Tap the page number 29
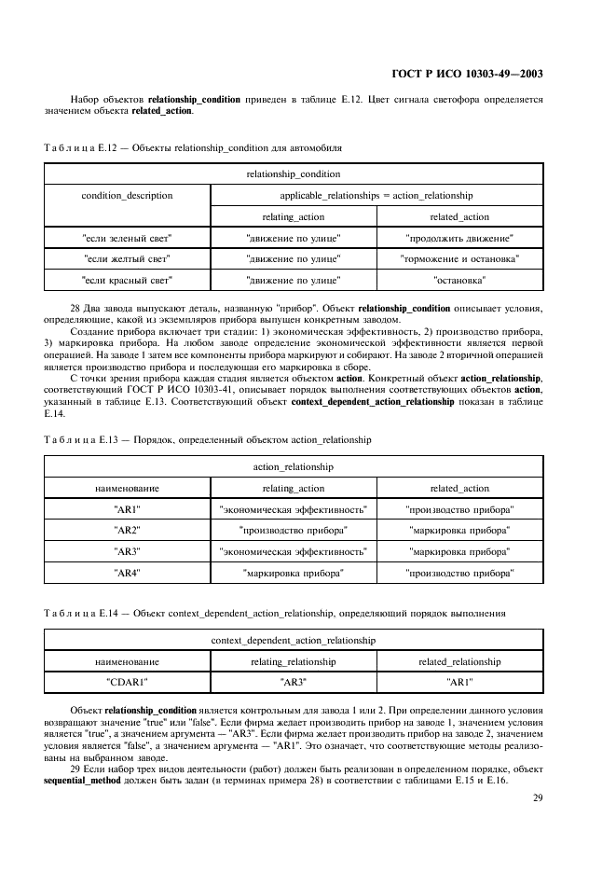point(538,797)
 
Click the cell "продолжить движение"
point(459,238)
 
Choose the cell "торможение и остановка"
point(459,258)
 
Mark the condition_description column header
point(127,196)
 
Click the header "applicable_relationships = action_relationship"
point(376,196)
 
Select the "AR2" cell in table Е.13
point(127,530)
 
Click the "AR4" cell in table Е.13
point(127,572)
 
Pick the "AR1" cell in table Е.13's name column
point(127,509)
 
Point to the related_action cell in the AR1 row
point(459,509)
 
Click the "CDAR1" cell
point(127,682)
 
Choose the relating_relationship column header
point(294,661)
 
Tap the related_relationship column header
point(459,661)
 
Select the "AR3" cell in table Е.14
point(294,682)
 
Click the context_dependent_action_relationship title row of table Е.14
point(294,641)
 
